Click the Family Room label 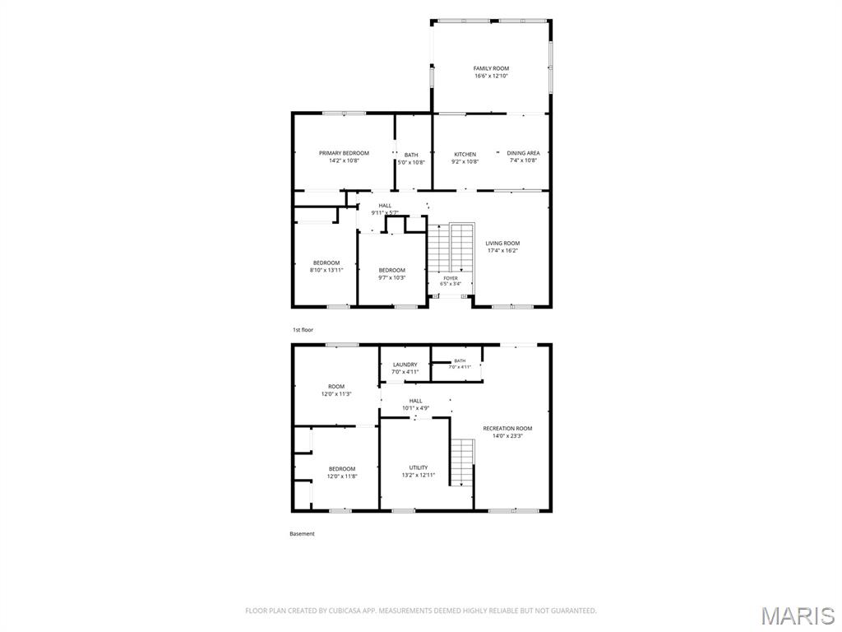coord(491,68)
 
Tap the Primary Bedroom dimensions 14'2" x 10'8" coord(344,160)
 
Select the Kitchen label coord(465,154)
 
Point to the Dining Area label coord(523,153)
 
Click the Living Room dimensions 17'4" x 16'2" coord(502,250)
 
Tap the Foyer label coord(451,278)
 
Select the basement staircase coord(462,462)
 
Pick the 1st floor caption coord(303,329)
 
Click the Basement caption coord(302,533)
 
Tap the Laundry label coord(405,365)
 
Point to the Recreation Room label coord(507,428)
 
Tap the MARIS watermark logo coord(798,616)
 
